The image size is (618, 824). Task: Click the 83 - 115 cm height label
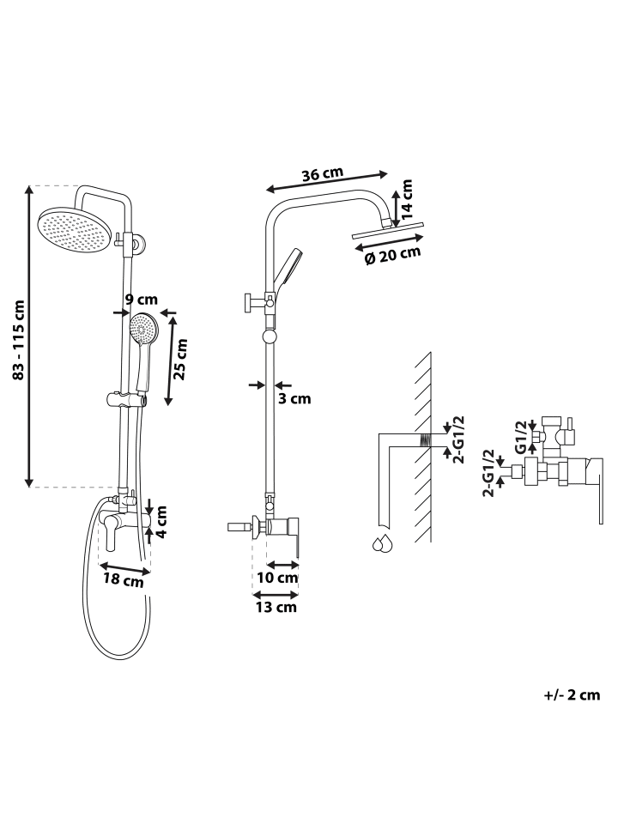click(x=18, y=340)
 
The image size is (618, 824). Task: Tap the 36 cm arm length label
click(x=323, y=174)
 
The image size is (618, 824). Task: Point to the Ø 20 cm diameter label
click(x=393, y=256)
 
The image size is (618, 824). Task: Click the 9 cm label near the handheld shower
click(x=142, y=300)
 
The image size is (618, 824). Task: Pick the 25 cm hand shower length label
click(x=180, y=360)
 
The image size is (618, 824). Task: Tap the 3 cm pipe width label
click(x=294, y=399)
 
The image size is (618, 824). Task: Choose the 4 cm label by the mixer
click(x=162, y=521)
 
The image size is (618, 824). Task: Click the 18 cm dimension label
click(x=123, y=580)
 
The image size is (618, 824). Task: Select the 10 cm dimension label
click(x=277, y=577)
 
